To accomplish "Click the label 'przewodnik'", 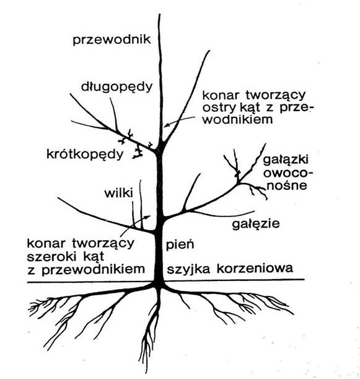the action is [x=112, y=40].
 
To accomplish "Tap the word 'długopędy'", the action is [x=117, y=87].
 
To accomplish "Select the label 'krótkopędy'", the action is [x=85, y=154].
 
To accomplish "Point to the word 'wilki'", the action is [x=118, y=193].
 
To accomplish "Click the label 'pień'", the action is [x=180, y=244].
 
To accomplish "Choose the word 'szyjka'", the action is [x=188, y=269].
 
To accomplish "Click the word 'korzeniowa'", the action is [x=255, y=268].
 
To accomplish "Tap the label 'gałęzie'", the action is [x=256, y=224].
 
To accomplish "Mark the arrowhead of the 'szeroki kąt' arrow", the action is [x=147, y=216].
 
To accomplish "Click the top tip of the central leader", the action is [x=160, y=14].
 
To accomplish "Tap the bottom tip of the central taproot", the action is [x=146, y=372].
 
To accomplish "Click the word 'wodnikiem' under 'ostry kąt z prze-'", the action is [x=237, y=119].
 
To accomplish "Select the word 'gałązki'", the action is [x=286, y=161].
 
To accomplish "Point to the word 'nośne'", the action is [x=288, y=185].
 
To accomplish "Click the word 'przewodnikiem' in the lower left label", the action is [x=93, y=269].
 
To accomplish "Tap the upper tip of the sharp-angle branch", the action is [x=209, y=51].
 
